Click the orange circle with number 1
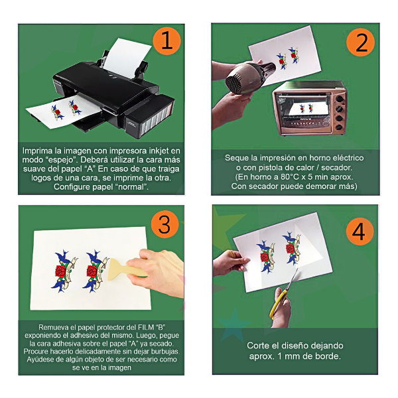pos(166,41)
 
